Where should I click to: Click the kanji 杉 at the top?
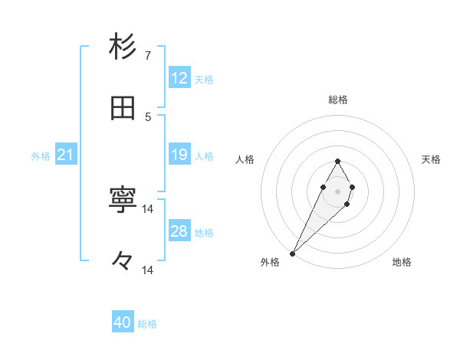[x=123, y=47]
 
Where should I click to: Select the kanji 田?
[x=123, y=109]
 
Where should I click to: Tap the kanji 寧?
[x=123, y=201]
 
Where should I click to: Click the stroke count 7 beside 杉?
[x=148, y=55]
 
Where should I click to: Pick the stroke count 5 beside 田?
[x=148, y=116]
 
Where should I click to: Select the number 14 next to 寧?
[x=148, y=208]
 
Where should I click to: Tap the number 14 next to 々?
[x=148, y=270]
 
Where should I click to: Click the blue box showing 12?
[x=179, y=78]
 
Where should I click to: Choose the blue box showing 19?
[x=179, y=155]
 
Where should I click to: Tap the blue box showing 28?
[x=179, y=231]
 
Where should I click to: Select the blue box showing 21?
[x=66, y=155]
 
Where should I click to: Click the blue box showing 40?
[x=123, y=323]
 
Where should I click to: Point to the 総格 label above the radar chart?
[x=337, y=100]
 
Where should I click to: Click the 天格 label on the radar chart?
[x=432, y=159]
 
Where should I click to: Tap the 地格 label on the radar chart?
[x=402, y=262]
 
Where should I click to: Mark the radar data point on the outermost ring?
[x=293, y=252]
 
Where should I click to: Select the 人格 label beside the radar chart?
[x=245, y=159]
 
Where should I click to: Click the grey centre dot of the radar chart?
[x=337, y=191]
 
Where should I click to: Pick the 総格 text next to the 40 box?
[x=147, y=324]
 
